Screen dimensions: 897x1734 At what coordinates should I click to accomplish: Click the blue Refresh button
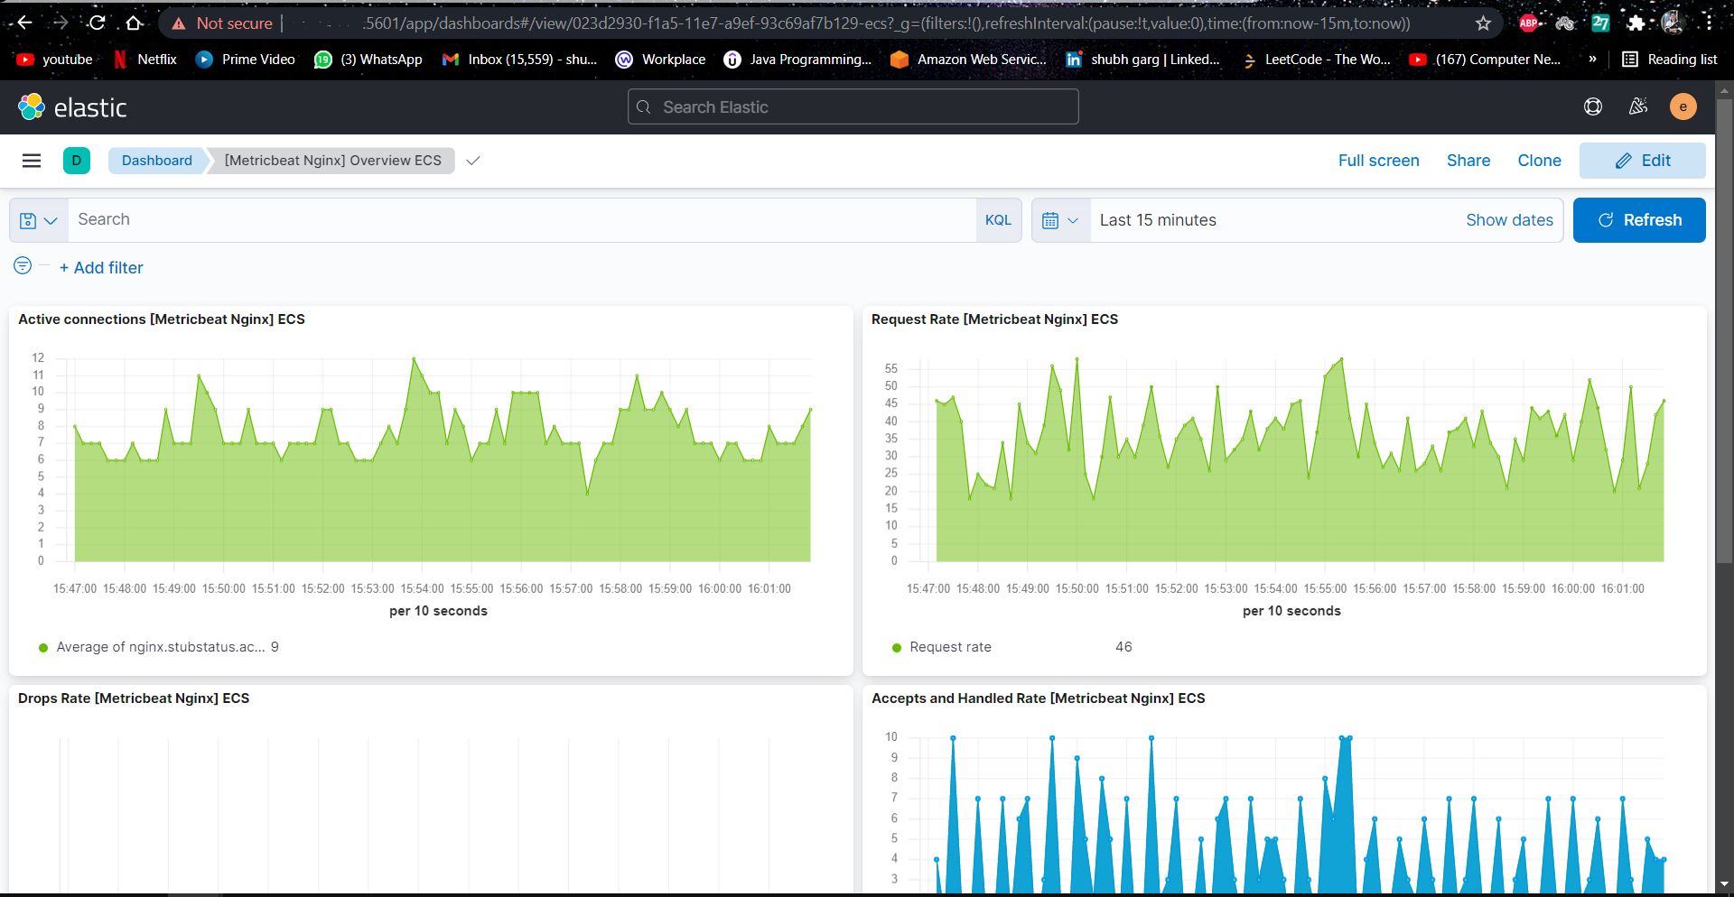pos(1638,220)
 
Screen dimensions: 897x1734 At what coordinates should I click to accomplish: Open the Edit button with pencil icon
pos(1642,161)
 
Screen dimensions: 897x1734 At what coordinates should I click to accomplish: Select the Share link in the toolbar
pos(1468,161)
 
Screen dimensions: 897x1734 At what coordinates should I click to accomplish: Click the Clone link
pos(1539,161)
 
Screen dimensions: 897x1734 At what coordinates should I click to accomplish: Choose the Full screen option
pos(1378,161)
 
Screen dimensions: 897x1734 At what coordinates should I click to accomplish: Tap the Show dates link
pos(1509,220)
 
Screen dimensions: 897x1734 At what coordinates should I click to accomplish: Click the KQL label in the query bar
pos(998,220)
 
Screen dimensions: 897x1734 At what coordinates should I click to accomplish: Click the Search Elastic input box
pos(853,107)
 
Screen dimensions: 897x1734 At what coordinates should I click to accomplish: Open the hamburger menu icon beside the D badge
pos(32,161)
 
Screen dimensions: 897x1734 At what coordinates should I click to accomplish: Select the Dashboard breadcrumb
pos(157,161)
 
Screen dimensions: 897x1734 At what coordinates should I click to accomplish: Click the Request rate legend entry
pos(950,647)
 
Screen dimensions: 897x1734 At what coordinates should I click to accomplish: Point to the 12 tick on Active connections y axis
pos(38,358)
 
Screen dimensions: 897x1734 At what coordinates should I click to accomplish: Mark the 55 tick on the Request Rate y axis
pos(891,369)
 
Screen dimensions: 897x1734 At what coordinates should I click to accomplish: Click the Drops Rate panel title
pos(134,698)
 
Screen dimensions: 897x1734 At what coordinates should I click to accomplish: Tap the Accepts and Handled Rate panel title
pos(1038,698)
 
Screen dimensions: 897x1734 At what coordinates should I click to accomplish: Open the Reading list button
pos(1670,60)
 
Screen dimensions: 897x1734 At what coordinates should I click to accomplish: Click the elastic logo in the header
pos(72,107)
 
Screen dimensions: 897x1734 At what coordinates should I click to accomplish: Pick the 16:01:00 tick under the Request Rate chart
pos(1622,588)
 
